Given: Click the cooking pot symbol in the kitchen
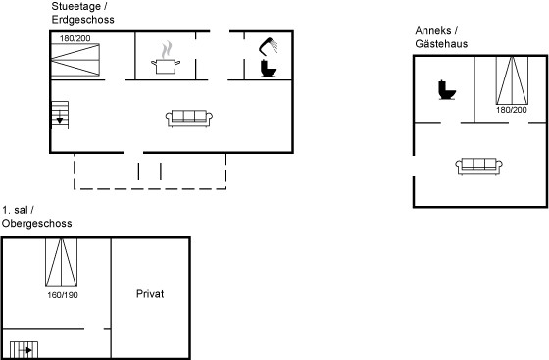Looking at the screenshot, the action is [166, 58].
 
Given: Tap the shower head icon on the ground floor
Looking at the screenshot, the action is [269, 46].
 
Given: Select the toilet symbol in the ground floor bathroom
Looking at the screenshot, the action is [269, 69].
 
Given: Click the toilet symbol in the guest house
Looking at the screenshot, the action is [447, 90].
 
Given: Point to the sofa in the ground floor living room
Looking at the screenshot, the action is [189, 118].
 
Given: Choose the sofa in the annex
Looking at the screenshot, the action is [479, 166].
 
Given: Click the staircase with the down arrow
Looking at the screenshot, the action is [60, 115].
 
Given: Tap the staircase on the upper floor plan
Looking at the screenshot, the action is [24, 350].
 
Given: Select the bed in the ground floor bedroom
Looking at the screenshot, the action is [75, 60].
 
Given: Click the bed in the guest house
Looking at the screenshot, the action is [512, 80].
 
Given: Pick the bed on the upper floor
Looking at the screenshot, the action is [61, 263].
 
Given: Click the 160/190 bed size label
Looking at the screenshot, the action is [63, 295].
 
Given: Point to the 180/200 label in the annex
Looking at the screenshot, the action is [512, 110].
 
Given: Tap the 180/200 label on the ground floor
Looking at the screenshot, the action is [75, 38].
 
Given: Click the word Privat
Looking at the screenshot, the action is [150, 294].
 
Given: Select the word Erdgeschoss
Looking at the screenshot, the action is [83, 19].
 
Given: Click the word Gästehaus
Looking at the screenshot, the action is [441, 43].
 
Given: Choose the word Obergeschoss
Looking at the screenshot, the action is [37, 223].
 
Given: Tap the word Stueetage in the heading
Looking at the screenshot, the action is [76, 6].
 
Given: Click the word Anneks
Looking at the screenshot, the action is [433, 30].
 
